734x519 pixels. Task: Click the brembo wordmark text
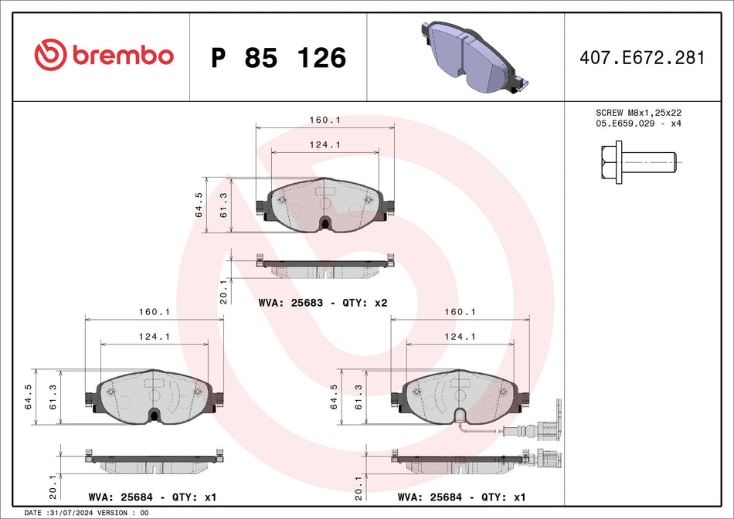coord(123,56)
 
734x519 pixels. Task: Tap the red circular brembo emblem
coord(51,56)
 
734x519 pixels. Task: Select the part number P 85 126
coord(278,57)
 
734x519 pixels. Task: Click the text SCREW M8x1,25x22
coord(637,113)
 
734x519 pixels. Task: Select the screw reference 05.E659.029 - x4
coord(637,124)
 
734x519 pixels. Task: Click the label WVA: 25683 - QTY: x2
coord(322,303)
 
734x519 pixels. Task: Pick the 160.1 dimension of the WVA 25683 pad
coord(325,120)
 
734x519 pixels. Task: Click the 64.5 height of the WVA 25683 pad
coord(199,205)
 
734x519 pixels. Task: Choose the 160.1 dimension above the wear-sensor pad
coord(461,312)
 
